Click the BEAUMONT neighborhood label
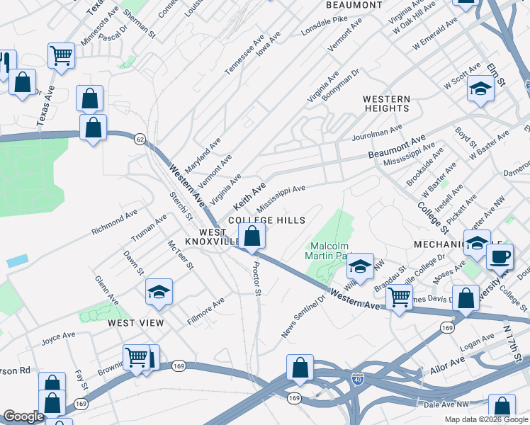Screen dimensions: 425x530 click(354, 5)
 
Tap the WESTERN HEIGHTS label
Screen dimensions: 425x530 click(386, 103)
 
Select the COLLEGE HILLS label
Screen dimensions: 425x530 click(266, 221)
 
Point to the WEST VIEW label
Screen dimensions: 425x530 click(136, 323)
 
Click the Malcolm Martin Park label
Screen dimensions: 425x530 click(330, 251)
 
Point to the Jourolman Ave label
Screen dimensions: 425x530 click(376, 132)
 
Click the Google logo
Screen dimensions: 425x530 click(23, 416)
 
